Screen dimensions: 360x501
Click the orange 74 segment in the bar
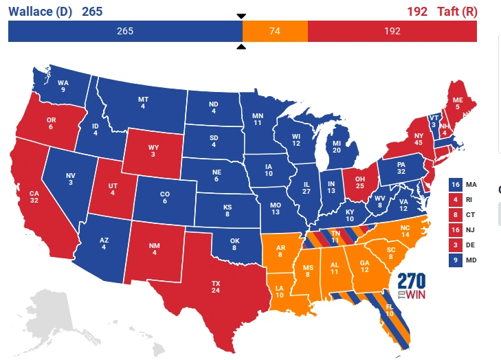(275, 31)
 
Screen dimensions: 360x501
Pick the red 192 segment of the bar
(392, 31)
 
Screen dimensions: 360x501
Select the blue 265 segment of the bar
(125, 31)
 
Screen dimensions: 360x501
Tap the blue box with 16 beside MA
(455, 185)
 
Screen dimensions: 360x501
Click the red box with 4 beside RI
(455, 200)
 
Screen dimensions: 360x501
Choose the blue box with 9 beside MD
(455, 260)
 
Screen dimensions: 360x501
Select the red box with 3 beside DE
(455, 245)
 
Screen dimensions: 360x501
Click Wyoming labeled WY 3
(153, 150)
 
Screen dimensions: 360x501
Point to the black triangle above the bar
(241, 16)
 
